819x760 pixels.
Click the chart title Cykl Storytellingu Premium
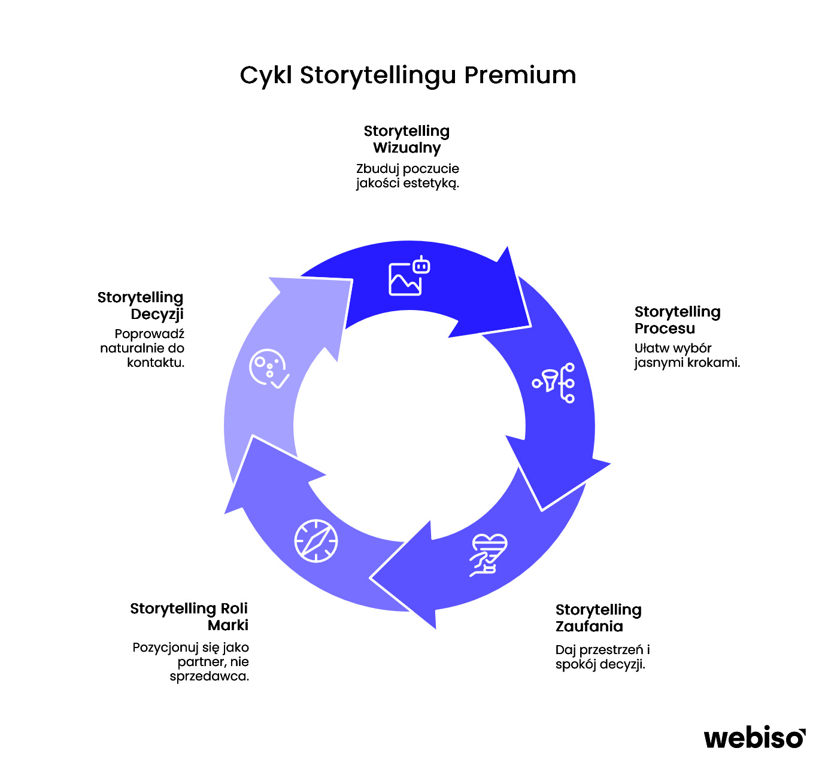pos(408,75)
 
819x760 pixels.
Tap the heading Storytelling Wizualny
pos(407,139)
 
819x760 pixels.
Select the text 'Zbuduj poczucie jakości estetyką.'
pos(408,176)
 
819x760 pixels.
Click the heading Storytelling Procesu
pos(677,320)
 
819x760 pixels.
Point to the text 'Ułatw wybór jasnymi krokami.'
pos(687,355)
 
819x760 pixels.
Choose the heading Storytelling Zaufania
pos(598,618)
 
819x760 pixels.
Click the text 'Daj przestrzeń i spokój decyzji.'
pos(602,657)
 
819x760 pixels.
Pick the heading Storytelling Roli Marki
pos(189,617)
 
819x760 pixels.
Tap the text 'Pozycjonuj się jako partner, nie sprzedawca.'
pos(191,662)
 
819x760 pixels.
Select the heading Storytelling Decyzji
pos(141,306)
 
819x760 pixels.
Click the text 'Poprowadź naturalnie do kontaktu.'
pos(142,348)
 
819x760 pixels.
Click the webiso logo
pos(754,737)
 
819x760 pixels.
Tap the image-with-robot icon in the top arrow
pos(409,276)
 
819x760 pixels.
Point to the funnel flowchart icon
pos(554,382)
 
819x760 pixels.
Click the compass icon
pos(316,541)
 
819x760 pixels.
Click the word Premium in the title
pos(520,75)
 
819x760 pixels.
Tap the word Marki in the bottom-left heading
pos(227,626)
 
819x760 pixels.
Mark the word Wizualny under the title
pos(407,148)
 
